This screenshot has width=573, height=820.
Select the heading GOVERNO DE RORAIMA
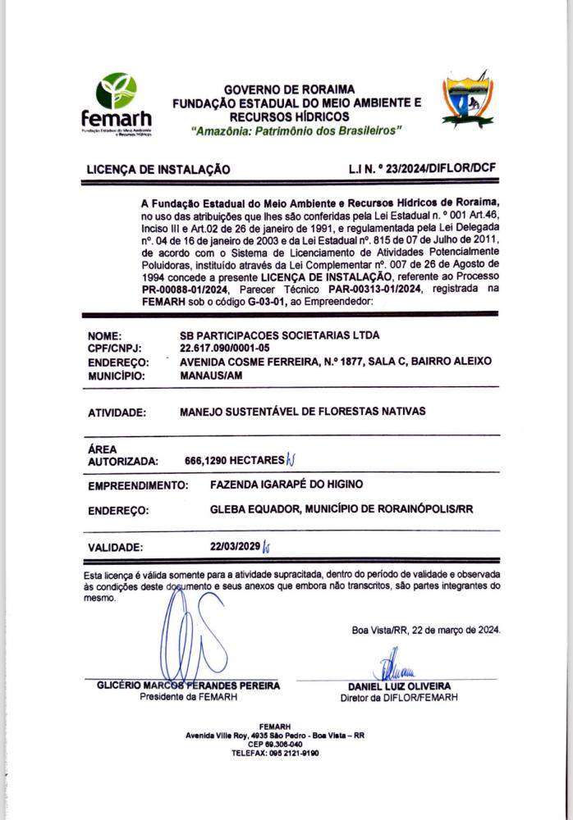pos(289,89)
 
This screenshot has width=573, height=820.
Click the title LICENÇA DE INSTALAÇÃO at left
pos(158,170)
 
